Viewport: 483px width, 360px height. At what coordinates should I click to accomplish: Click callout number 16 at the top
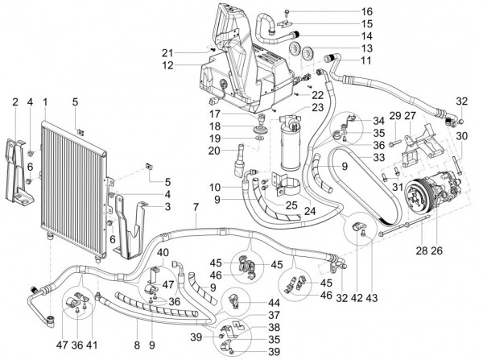pos(345,11)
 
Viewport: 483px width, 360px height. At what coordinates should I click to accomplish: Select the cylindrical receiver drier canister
pos(289,145)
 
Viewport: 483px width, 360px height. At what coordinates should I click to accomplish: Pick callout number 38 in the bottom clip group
pos(273,329)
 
